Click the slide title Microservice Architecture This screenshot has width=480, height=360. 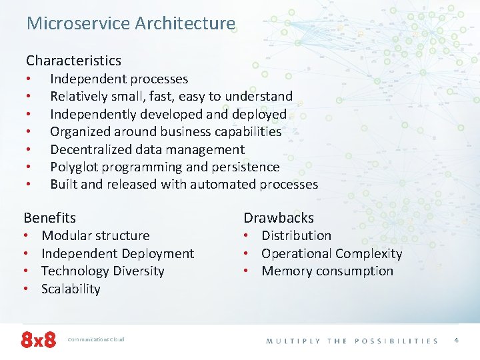click(131, 23)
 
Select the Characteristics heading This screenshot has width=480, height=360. click(73, 61)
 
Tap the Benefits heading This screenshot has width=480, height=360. click(50, 217)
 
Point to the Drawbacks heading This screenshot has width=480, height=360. click(278, 217)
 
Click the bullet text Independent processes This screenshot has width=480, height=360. click(119, 79)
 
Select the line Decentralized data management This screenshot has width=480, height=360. click(147, 149)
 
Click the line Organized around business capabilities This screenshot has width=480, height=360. click(166, 132)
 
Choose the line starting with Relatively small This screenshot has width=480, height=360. click(171, 97)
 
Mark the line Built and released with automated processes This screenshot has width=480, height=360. click(184, 184)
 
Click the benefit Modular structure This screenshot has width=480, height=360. click(95, 235)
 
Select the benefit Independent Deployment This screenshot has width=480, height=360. click(117, 253)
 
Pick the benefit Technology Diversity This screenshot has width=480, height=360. click(103, 271)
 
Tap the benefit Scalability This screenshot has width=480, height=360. click(71, 289)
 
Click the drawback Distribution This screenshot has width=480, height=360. click(296, 235)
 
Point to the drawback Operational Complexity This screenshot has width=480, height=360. click(332, 253)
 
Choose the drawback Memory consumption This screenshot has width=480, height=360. click(327, 271)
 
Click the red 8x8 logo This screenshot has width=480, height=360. click(39, 340)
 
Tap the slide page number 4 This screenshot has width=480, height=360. click(456, 340)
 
